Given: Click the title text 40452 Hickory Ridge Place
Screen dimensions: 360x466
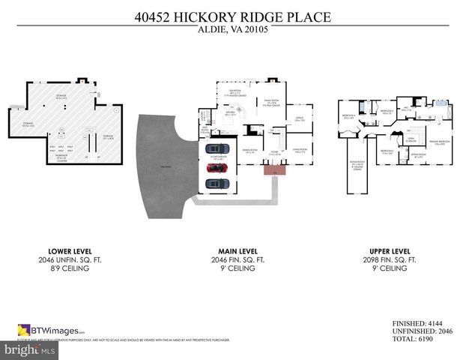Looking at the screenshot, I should [233, 16].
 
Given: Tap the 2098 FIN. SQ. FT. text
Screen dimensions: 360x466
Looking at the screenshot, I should [390, 259].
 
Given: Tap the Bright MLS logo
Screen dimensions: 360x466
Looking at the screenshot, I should [28, 349].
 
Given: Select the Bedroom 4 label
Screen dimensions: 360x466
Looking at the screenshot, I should [348, 117].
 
